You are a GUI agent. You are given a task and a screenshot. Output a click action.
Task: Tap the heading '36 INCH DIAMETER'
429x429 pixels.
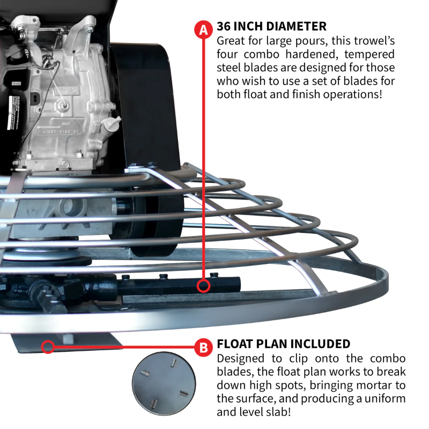(x=271, y=26)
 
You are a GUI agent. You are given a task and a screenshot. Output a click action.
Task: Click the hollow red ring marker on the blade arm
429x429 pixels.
(x=203, y=285)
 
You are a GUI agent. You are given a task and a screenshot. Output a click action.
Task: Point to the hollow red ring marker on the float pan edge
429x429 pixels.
(x=48, y=346)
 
